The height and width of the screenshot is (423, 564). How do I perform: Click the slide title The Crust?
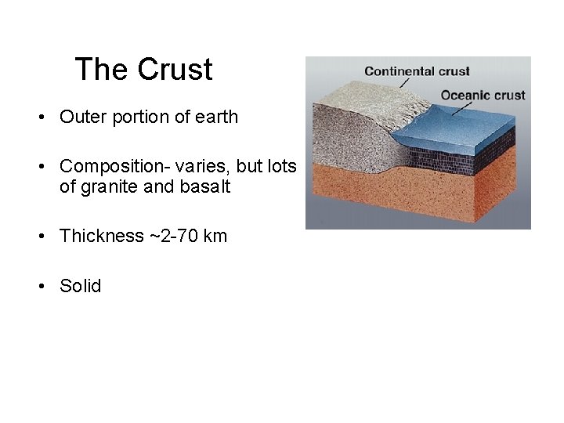tap(143, 70)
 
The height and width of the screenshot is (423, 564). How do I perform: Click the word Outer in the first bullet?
tap(79, 117)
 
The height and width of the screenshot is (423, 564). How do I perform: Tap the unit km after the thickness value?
tap(215, 237)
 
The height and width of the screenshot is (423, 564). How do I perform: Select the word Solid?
tap(81, 286)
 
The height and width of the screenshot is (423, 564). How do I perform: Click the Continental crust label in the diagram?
tap(417, 71)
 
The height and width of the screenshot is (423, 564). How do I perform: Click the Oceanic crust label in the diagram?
tap(483, 95)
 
